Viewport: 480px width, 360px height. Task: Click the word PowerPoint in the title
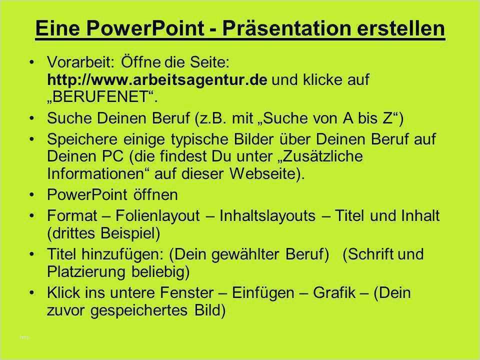click(x=145, y=28)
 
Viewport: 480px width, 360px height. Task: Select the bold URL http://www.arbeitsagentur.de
click(x=157, y=80)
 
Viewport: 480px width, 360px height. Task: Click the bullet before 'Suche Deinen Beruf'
click(x=32, y=118)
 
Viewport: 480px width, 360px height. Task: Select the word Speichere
click(x=82, y=139)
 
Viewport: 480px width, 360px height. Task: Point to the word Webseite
click(x=263, y=173)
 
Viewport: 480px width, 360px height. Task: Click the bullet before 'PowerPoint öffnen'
click(x=32, y=194)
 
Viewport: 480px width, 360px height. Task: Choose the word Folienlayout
click(x=157, y=215)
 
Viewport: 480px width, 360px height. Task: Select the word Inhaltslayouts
click(x=267, y=215)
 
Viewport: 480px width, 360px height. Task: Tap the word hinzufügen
click(x=122, y=254)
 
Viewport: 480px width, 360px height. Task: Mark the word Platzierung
click(x=86, y=272)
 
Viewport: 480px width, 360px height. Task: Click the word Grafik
click(x=334, y=292)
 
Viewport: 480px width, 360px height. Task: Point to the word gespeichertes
click(x=139, y=310)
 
